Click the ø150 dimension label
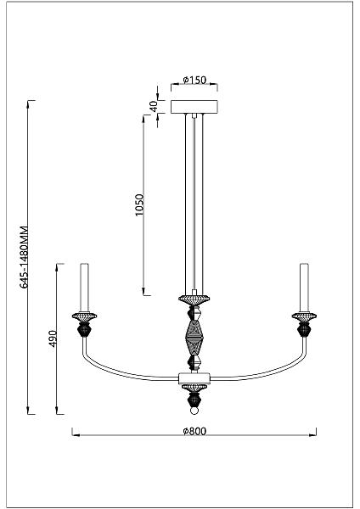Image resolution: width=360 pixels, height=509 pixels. pyautogui.click(x=194, y=80)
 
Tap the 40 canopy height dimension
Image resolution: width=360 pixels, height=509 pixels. pyautogui.click(x=154, y=106)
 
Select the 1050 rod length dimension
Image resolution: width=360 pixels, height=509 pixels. pyautogui.click(x=139, y=204)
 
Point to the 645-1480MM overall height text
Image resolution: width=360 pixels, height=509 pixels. pyautogui.click(x=25, y=256)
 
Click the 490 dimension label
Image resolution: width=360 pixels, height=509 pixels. pyautogui.click(x=53, y=338)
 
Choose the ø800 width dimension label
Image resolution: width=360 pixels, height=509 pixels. pyautogui.click(x=194, y=431)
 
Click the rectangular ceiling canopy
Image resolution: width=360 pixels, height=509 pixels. pyautogui.click(x=194, y=107)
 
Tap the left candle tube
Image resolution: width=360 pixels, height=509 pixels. pyautogui.click(x=84, y=288)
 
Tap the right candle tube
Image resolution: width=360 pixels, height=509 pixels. pyautogui.click(x=305, y=288)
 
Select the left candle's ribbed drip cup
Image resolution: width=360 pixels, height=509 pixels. pyautogui.click(x=84, y=316)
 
